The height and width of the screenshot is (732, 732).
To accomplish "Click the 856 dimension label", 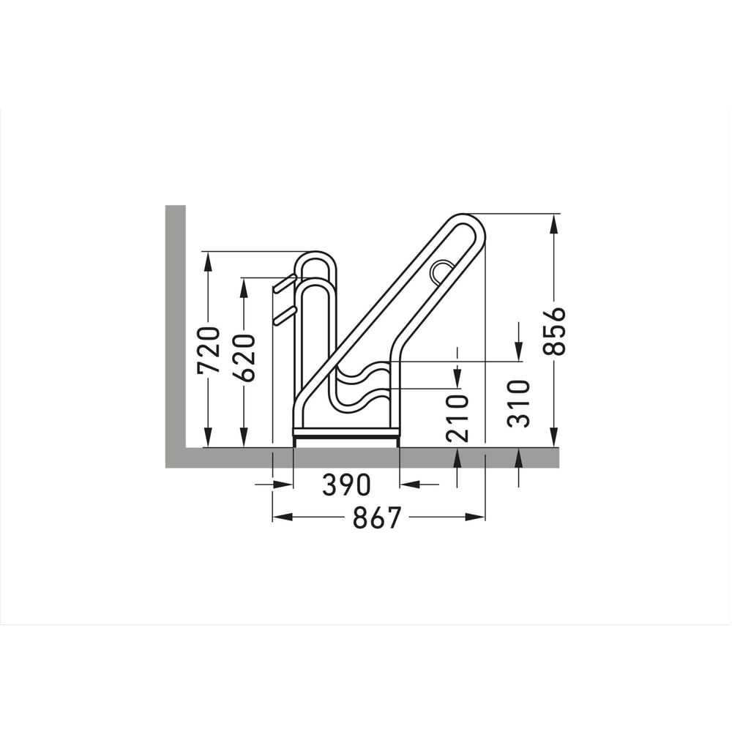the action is [555, 331].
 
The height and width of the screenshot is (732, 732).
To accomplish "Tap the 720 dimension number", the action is [209, 350].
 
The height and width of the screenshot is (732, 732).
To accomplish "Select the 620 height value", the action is [244, 357].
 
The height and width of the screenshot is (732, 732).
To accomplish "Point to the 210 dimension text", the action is [457, 418].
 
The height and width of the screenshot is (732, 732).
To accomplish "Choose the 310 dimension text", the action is [519, 404].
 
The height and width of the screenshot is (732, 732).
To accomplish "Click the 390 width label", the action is [346, 485].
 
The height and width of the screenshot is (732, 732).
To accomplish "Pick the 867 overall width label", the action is [377, 518].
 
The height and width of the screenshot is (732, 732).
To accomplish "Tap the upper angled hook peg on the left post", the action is [284, 283].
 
